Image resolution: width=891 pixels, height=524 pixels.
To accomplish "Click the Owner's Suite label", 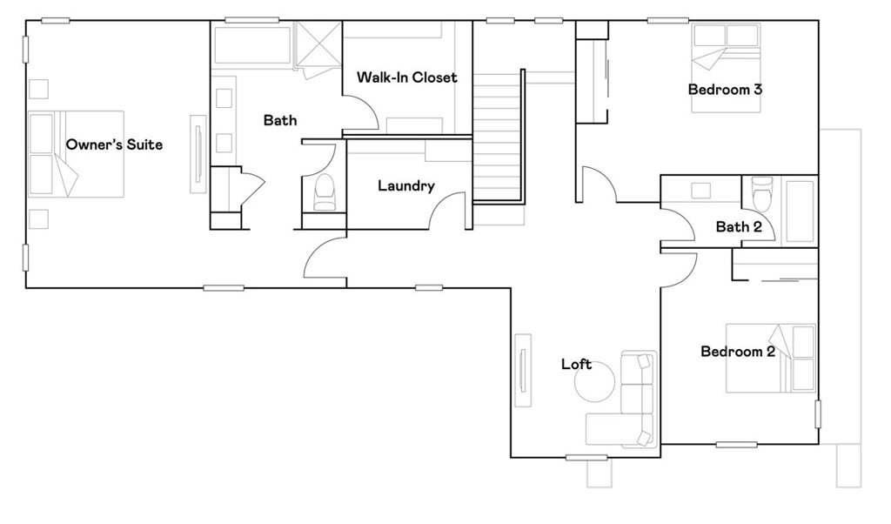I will pyautogui.click(x=114, y=144).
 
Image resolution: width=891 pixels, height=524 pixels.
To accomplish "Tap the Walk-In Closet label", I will pyautogui.click(x=406, y=77).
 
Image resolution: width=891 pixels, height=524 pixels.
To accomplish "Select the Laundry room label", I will pyautogui.click(x=405, y=185).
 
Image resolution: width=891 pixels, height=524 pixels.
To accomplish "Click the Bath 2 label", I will pyautogui.click(x=739, y=227).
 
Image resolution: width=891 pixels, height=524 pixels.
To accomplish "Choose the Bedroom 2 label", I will pyautogui.click(x=738, y=352).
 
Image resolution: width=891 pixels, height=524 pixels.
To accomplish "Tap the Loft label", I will pyautogui.click(x=576, y=364).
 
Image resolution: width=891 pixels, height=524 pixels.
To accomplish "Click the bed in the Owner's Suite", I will pyautogui.click(x=77, y=153).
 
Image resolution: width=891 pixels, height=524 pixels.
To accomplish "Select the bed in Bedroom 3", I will pyautogui.click(x=726, y=67).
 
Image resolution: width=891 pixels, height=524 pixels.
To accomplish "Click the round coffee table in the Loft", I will pyautogui.click(x=595, y=381).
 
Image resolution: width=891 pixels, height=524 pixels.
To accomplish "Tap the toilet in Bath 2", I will pyautogui.click(x=762, y=194).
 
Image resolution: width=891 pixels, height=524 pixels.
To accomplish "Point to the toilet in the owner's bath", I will pyautogui.click(x=325, y=192).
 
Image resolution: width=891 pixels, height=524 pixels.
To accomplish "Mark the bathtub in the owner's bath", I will pyautogui.click(x=251, y=45).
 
